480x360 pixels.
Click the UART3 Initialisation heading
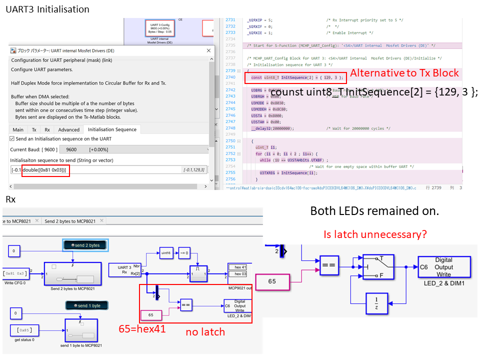47,9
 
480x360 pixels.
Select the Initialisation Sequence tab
112,129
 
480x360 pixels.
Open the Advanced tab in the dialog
68,129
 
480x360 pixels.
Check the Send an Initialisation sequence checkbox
12,138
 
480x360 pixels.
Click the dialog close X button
208,50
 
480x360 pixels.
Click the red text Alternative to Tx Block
404,73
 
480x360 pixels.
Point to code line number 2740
230,77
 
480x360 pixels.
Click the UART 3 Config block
161,28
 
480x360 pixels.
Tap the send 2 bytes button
85,245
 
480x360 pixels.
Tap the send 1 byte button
86,305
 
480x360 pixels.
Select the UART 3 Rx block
125,270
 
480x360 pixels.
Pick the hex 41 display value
239,267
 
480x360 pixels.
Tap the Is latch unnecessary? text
375,233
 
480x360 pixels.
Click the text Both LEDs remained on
374,211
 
